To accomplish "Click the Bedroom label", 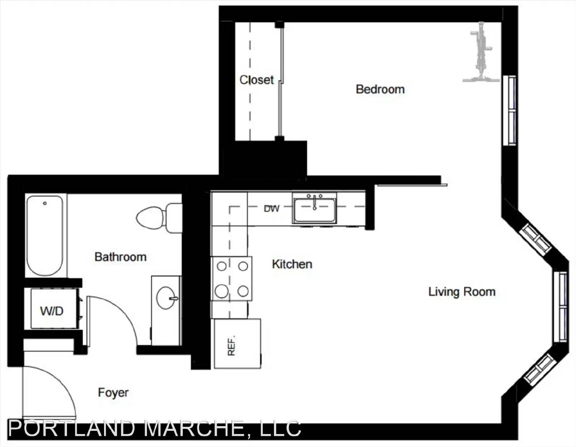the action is pos(380,89).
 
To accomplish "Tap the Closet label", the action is pos(257,80).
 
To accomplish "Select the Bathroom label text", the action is pos(121,257).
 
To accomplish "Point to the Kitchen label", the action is pos(292,264).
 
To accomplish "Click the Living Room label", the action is pos(462,292).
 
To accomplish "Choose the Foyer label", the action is pos(113,392).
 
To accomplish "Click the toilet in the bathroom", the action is pos(159,218).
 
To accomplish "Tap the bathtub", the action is pos(45,236).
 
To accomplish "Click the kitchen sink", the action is pos(314,209).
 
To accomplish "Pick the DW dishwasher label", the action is pos(271,209).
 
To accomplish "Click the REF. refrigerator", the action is pos(238,343).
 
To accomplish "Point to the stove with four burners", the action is pos(231,279).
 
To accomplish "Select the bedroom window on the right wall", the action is pos(509,110).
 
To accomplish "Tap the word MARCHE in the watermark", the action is pos(194,428).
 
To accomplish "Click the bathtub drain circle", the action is pos(45,203).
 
